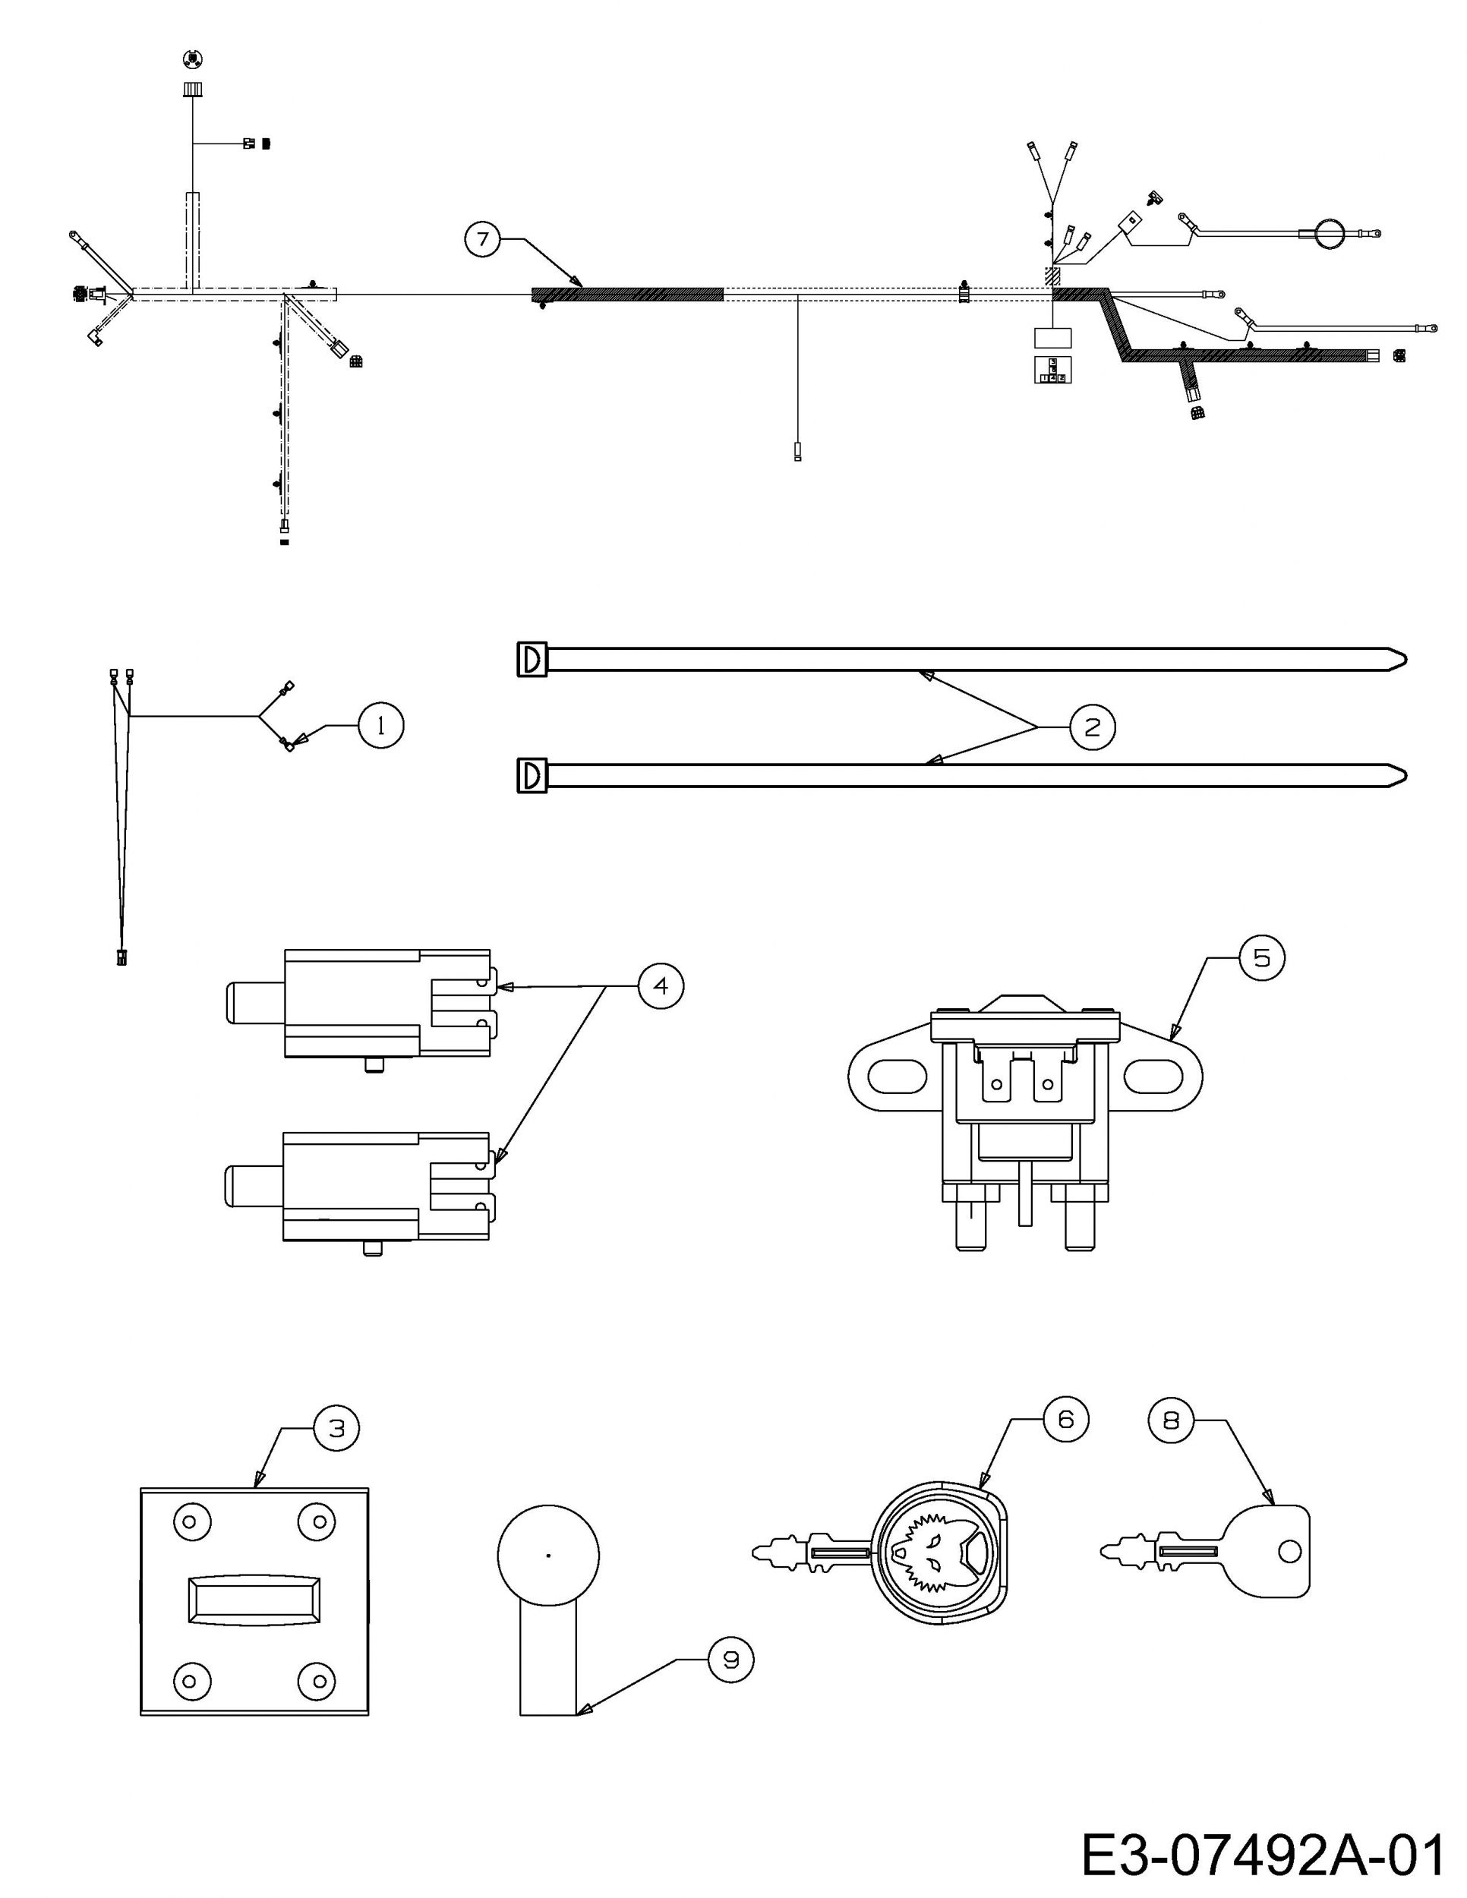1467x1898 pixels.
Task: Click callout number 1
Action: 380,725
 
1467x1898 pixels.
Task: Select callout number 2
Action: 1092,727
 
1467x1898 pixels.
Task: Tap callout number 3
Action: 336,1428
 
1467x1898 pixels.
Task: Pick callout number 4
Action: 661,985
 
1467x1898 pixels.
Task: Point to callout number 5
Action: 1261,957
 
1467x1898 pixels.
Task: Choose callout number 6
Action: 1065,1419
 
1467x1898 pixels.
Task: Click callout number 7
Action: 482,238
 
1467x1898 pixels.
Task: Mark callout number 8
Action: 1172,1420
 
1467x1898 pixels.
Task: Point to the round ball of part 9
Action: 548,1555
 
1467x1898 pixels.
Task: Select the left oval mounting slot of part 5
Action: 895,1077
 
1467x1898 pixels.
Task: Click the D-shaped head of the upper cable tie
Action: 532,661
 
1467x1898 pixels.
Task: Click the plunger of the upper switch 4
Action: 254,1003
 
